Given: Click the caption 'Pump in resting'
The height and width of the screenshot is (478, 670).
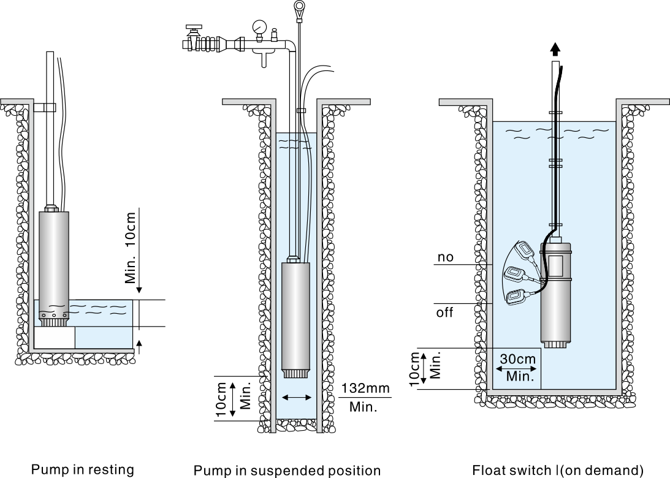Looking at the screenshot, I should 83,470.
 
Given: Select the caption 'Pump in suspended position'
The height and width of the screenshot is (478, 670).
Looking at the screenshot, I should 287,471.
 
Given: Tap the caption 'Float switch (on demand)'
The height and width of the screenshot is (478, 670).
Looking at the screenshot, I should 557,471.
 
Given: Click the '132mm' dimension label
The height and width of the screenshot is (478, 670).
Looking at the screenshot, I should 365,389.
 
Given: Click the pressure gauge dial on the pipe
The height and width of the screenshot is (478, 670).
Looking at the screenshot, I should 259,27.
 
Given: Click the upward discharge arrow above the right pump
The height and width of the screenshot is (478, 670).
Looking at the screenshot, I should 555,48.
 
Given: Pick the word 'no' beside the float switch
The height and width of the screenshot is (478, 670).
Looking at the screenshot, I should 446,257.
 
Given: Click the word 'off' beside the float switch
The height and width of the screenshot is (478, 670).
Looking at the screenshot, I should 444,313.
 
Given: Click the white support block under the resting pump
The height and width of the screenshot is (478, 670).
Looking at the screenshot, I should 55,337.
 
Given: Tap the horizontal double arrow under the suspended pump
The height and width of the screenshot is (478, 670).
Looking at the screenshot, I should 297,398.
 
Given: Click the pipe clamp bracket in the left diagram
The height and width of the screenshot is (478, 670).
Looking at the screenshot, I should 45,108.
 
